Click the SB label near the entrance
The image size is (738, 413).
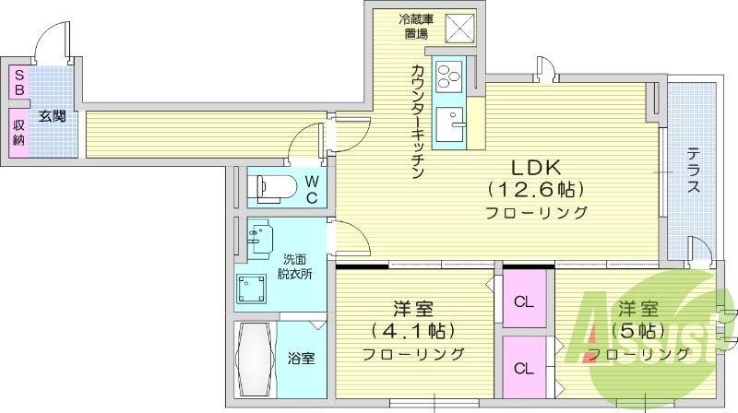click(x=18, y=83)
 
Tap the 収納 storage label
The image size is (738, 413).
click(x=18, y=129)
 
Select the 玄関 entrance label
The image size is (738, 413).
click(x=52, y=116)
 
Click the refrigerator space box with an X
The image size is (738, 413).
click(x=459, y=29)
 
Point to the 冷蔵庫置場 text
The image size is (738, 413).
click(x=414, y=27)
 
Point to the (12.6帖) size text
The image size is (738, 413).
click(x=537, y=190)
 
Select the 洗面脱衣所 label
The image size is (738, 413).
click(x=297, y=266)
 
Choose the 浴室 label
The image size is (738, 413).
click(x=300, y=358)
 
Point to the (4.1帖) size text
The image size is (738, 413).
click(x=413, y=330)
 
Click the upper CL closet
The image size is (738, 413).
click(x=524, y=301)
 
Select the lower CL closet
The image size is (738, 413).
click(x=524, y=368)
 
